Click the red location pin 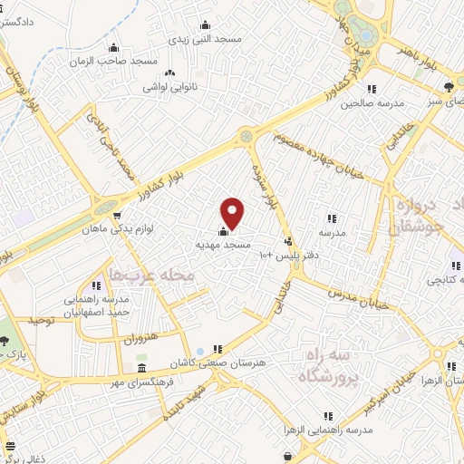coord(233,212)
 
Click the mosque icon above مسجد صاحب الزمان coord(112,48)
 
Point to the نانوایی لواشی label coord(170,89)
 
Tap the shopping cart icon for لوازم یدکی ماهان coord(117,216)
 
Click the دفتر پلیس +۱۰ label coord(288,256)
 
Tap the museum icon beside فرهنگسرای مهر coord(142,370)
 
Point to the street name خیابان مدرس coord(356,296)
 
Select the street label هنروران coord(140,340)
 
